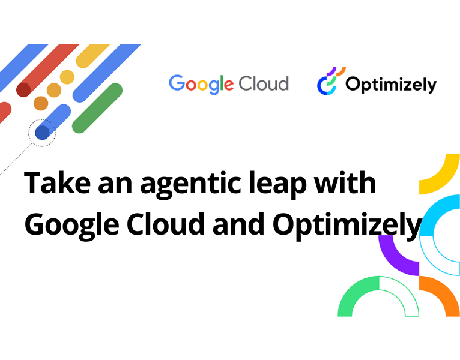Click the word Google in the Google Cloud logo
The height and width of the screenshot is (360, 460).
[x=201, y=83]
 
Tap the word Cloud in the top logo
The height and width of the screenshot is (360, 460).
[x=264, y=83]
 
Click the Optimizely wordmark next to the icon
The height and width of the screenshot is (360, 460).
[x=390, y=85]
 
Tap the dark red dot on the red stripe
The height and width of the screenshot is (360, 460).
[x=23, y=89]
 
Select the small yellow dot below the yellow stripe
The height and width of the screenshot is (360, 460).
[x=67, y=77]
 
